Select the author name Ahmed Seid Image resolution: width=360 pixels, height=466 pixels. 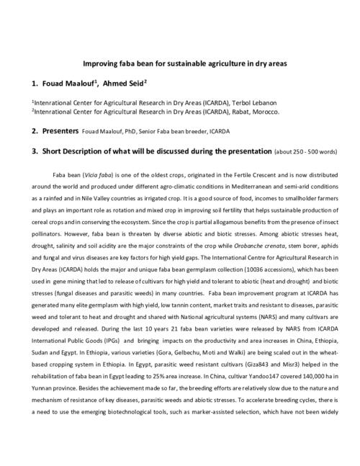click(x=123, y=83)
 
